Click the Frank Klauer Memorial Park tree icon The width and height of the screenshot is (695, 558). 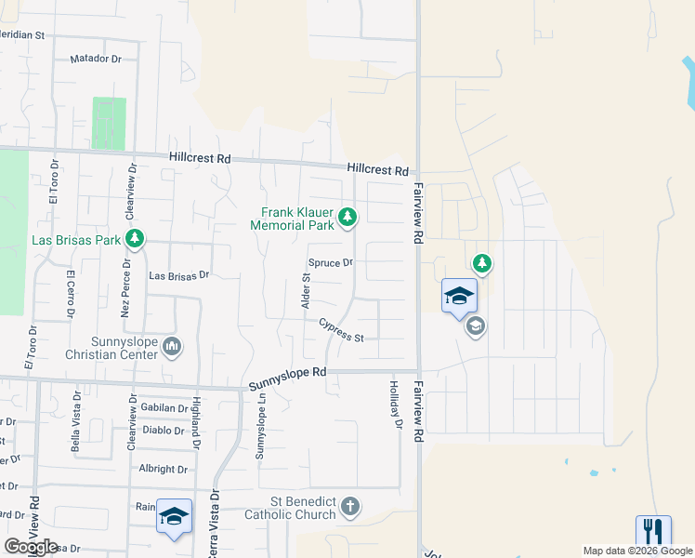(x=347, y=218)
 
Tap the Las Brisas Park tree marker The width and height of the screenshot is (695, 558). (x=136, y=240)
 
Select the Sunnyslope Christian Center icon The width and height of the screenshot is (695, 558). (x=172, y=348)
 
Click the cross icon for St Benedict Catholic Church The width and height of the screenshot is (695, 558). (x=349, y=507)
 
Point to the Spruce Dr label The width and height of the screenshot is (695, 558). (x=332, y=263)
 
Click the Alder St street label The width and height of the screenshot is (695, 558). (x=305, y=292)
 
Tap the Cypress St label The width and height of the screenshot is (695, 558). (x=341, y=330)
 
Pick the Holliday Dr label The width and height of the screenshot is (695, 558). (x=395, y=405)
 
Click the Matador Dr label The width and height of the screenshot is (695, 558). (x=96, y=59)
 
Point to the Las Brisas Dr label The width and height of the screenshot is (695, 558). (x=180, y=275)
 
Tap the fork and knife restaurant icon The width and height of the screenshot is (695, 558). (x=653, y=532)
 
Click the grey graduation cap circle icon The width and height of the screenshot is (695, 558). (x=476, y=326)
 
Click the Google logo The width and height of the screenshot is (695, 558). (x=31, y=547)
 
